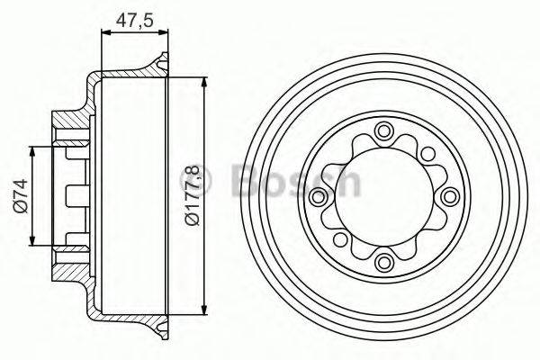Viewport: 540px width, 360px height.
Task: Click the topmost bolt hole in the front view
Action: (x=385, y=132)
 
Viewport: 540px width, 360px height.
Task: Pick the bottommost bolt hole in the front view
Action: (x=385, y=262)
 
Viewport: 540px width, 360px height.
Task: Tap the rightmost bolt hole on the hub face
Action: (x=450, y=197)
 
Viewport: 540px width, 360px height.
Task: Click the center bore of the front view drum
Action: (x=385, y=197)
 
